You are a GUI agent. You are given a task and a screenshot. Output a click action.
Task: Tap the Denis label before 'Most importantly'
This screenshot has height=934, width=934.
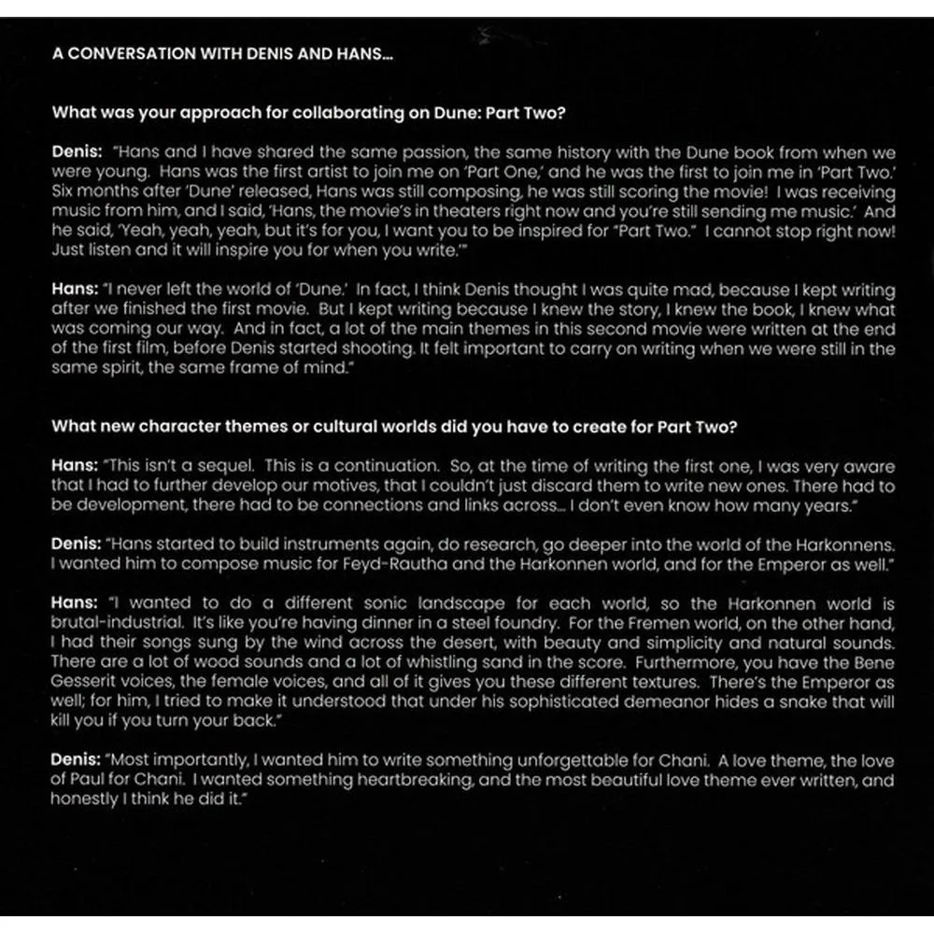pos(76,762)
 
